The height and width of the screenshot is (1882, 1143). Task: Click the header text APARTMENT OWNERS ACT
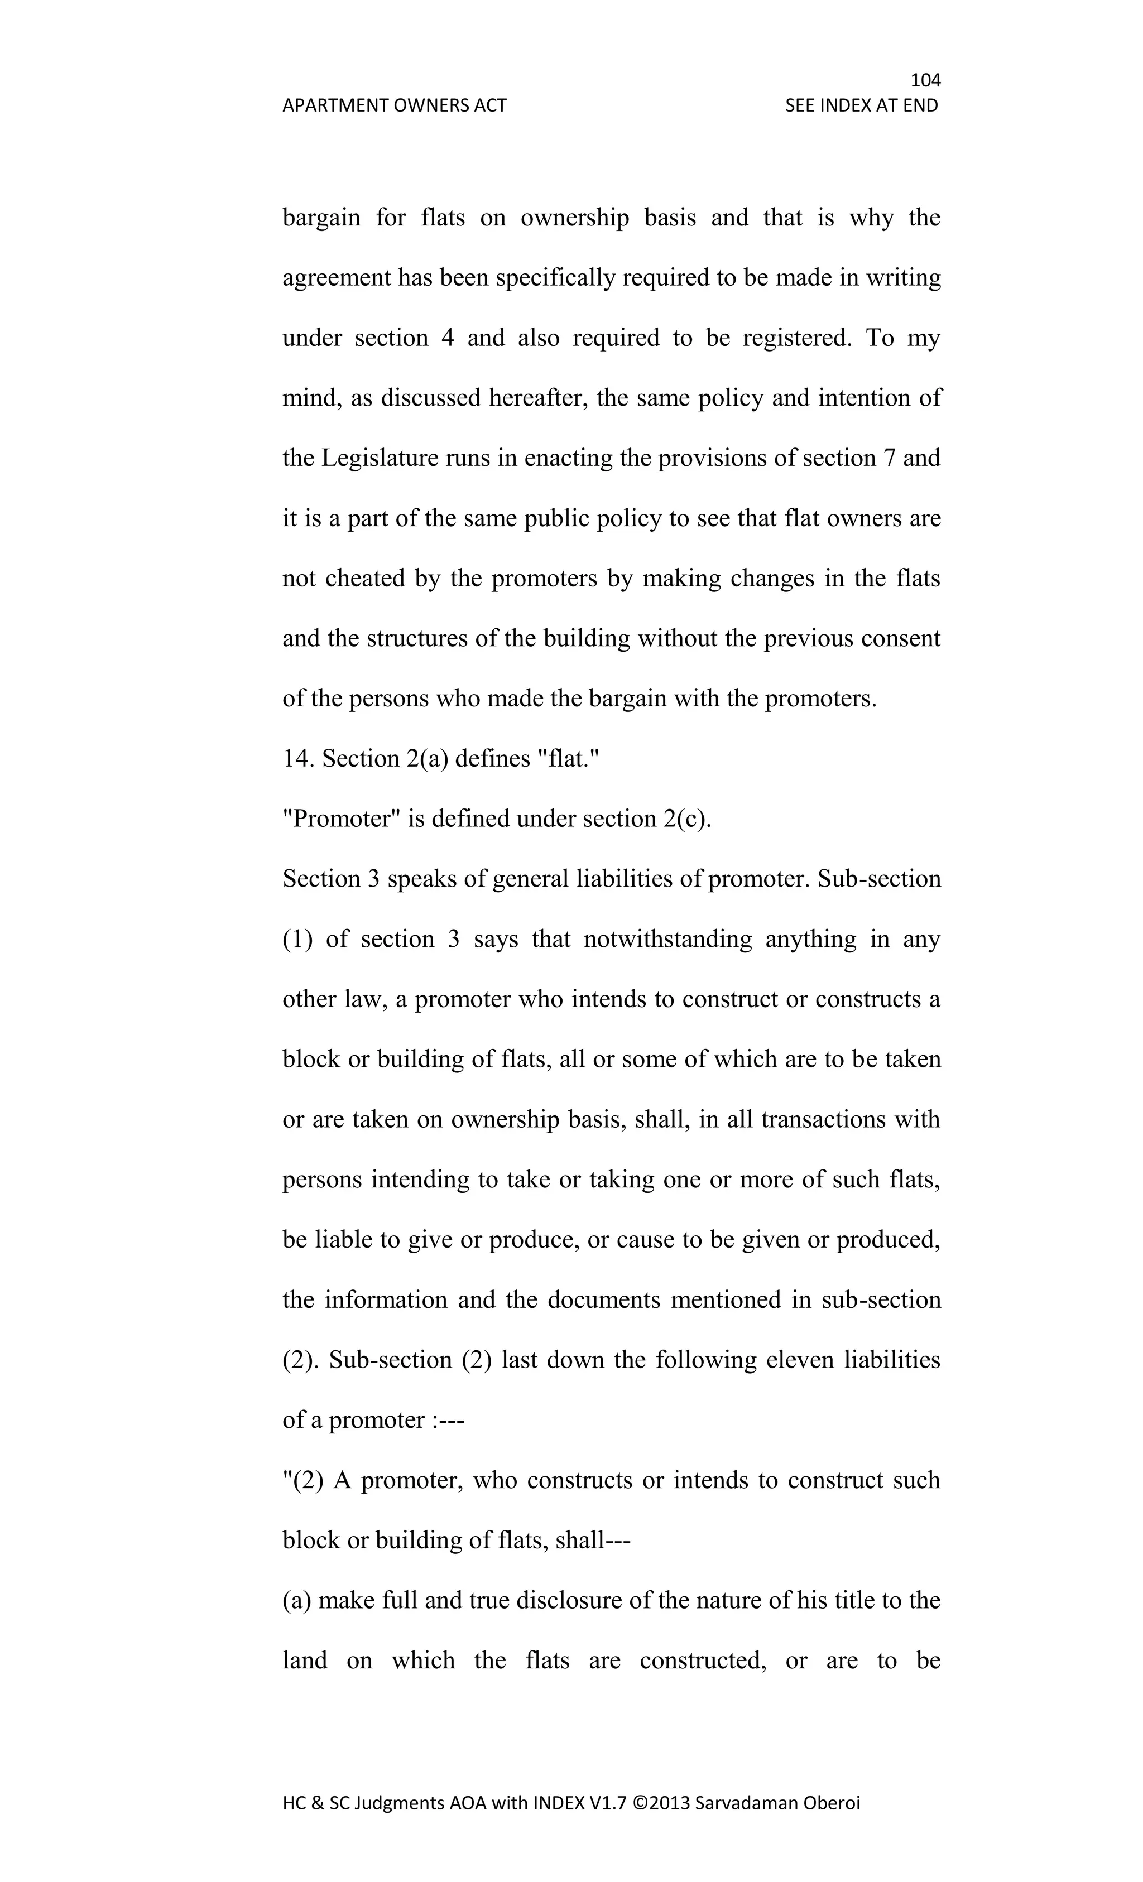[x=394, y=105]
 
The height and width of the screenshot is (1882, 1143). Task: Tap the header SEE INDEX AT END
[x=861, y=105]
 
